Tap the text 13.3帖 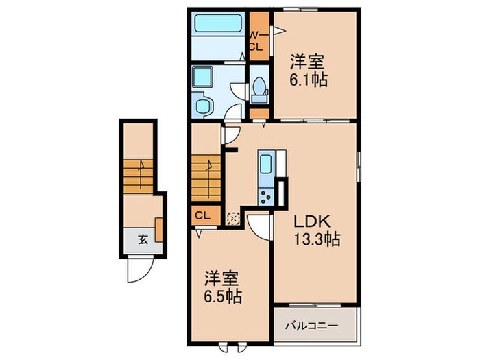click(313, 240)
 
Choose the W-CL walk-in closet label click(257, 40)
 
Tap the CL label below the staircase click(202, 215)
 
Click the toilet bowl click(259, 87)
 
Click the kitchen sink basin click(265, 165)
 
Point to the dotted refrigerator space click(233, 217)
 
